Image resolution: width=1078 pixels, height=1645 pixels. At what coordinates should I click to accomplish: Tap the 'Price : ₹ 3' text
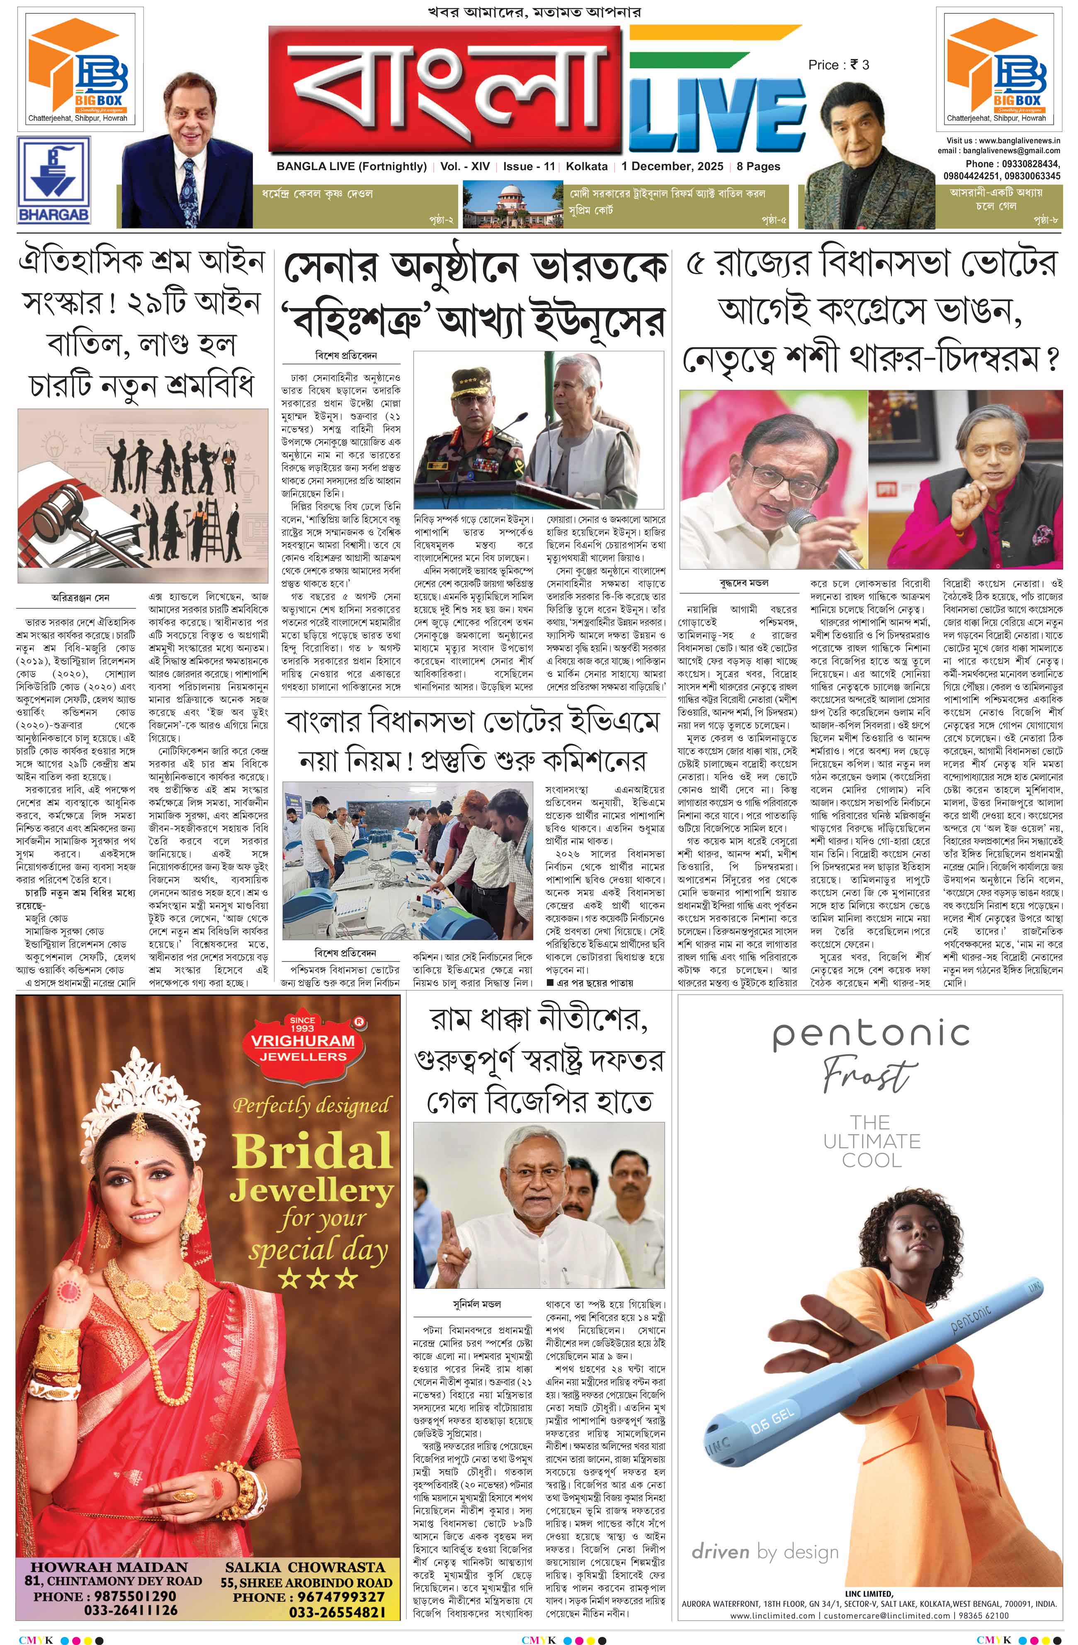point(838,65)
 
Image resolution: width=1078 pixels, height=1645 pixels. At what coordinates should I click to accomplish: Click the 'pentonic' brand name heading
point(871,1035)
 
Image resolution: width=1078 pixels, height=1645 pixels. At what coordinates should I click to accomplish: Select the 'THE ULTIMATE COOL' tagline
point(872,1141)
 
